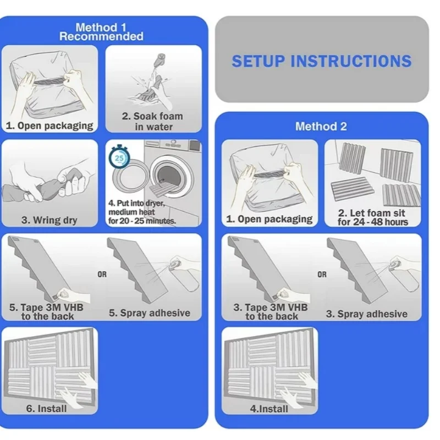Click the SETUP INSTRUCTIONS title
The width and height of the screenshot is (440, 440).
pyautogui.click(x=322, y=61)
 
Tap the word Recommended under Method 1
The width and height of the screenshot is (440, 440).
pyautogui.click(x=101, y=36)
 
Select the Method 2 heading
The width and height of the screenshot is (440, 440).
pyautogui.click(x=321, y=127)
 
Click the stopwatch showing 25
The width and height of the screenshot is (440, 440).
pyautogui.click(x=119, y=157)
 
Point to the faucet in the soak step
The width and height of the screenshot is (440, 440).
pyautogui.click(x=161, y=59)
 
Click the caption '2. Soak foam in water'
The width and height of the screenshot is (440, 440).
pyautogui.click(x=152, y=122)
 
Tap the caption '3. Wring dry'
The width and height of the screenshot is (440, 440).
pyautogui.click(x=50, y=221)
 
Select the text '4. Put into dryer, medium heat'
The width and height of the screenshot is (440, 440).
pyautogui.click(x=136, y=207)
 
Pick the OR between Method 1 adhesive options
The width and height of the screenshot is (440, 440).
pyautogui.click(x=102, y=274)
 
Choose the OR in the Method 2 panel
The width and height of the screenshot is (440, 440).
pyautogui.click(x=322, y=274)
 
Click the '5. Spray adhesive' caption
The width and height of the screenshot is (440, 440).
pyautogui.click(x=150, y=313)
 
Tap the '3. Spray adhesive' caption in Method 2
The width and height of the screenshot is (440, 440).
pyautogui.click(x=367, y=314)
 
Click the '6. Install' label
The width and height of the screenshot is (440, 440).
pyautogui.click(x=46, y=409)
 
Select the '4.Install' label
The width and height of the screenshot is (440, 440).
pyautogui.click(x=269, y=409)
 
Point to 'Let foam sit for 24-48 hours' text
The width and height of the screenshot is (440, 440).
pyautogui.click(x=373, y=217)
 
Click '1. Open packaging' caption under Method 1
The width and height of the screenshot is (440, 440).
pyautogui.click(x=50, y=126)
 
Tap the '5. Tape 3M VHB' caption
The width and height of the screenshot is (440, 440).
pyautogui.click(x=47, y=312)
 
